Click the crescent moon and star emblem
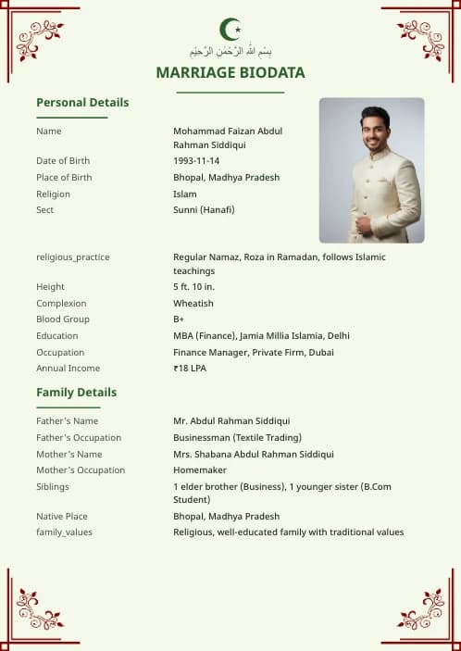click(230, 29)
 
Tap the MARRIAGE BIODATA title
click(230, 72)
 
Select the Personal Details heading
click(82, 102)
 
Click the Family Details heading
click(76, 392)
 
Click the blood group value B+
click(179, 319)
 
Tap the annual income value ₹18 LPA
click(190, 369)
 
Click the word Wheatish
click(193, 304)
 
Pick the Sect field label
click(44, 210)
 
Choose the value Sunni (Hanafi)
click(204, 210)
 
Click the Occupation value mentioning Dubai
click(254, 352)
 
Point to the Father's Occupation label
click(79, 438)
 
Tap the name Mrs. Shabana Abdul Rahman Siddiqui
click(254, 455)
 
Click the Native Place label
click(64, 517)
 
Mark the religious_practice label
click(72, 257)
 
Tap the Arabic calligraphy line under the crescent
click(230, 51)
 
